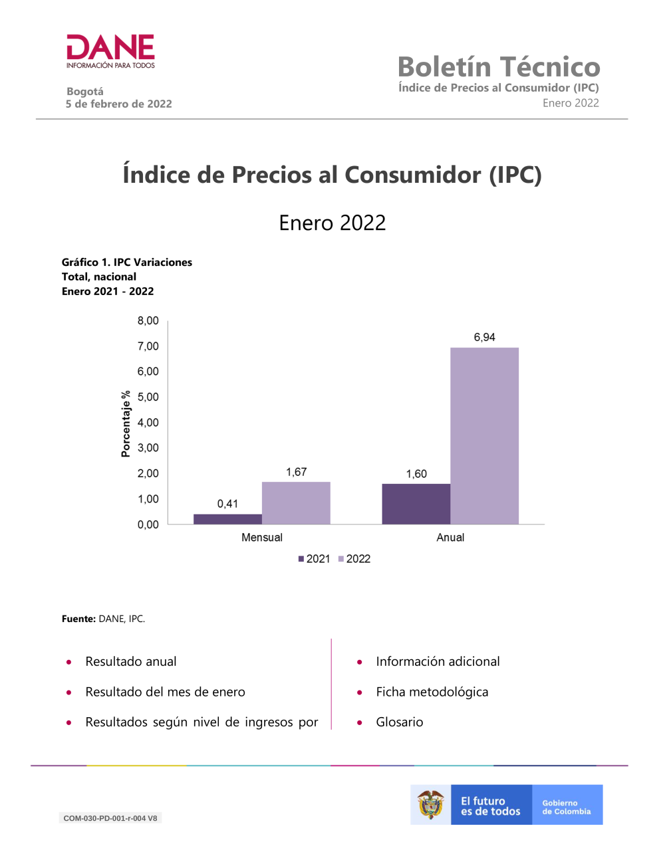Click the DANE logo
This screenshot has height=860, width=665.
click(x=110, y=51)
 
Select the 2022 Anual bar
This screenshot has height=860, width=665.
click(x=484, y=435)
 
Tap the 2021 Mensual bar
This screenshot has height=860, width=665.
click(x=227, y=519)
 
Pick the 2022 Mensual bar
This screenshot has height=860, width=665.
click(x=296, y=502)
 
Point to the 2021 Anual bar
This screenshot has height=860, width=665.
click(x=416, y=504)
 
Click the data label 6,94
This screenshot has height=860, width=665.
click(x=484, y=337)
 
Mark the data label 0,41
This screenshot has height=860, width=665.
click(x=227, y=504)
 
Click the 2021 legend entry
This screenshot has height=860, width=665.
click(x=314, y=559)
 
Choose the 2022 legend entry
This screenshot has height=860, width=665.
click(x=354, y=559)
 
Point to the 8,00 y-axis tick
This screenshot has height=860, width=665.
click(x=148, y=321)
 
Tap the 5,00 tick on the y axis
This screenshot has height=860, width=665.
click(x=148, y=397)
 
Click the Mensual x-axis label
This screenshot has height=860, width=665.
click(x=262, y=538)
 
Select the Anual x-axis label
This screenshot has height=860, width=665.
click(x=450, y=538)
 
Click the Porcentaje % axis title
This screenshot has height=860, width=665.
click(x=126, y=424)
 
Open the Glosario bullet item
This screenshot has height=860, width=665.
click(x=399, y=722)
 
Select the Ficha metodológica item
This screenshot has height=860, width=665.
click(x=432, y=692)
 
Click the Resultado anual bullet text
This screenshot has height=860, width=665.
click(x=131, y=661)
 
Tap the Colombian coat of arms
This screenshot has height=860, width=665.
click(x=431, y=805)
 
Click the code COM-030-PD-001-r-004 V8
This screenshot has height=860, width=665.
click(x=110, y=818)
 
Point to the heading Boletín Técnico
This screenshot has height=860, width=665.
click(x=499, y=67)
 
